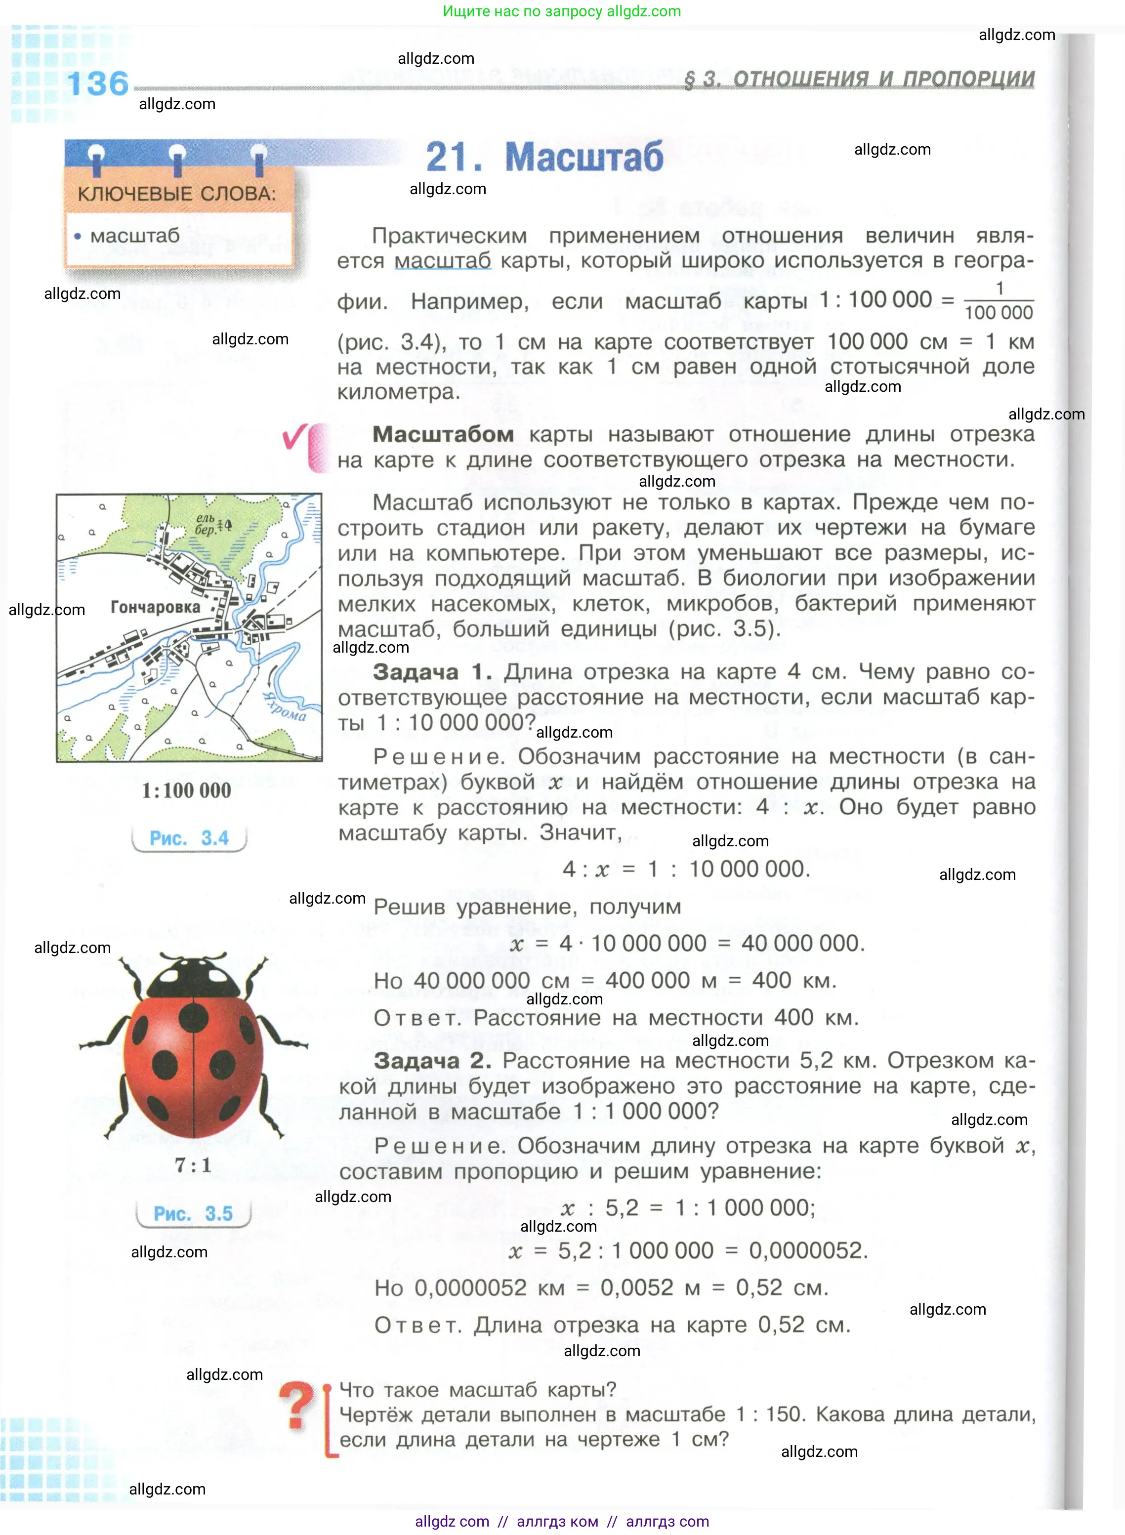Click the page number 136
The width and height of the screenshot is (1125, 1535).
(x=97, y=84)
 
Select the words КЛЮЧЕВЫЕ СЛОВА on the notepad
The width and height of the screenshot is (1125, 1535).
(x=176, y=194)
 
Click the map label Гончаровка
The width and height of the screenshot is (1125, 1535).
(x=155, y=607)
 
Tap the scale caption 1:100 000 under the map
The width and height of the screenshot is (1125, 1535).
(x=187, y=790)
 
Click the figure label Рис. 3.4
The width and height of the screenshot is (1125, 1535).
(x=189, y=838)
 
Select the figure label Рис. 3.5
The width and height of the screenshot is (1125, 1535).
(x=193, y=1213)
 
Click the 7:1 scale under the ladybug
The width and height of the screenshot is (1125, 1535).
(x=193, y=1165)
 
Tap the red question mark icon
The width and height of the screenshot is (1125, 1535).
(x=297, y=1405)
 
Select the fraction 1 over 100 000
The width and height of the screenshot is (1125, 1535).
(x=999, y=300)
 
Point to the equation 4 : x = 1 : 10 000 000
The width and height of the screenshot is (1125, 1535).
(x=686, y=869)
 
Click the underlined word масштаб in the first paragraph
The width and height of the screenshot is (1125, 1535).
(x=443, y=261)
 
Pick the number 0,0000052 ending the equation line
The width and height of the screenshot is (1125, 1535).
(x=808, y=1250)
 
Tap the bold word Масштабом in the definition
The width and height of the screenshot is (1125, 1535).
(x=443, y=434)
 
